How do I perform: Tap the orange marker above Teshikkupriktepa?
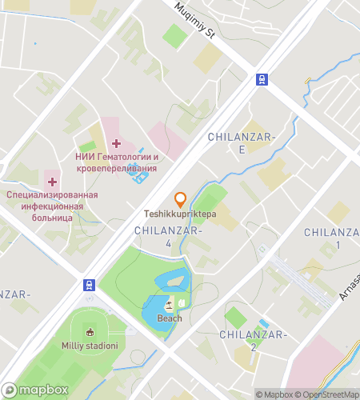[x=181, y=199]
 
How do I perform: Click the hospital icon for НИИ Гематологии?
[x=116, y=143]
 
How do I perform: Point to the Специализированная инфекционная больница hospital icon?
[x=52, y=182]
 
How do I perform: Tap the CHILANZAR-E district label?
[x=242, y=143]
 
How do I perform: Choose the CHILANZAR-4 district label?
[x=169, y=237]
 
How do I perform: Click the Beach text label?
[x=170, y=318]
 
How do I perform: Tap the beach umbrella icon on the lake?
[x=169, y=305]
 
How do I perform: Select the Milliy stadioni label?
[x=90, y=346]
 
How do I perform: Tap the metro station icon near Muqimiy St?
[x=262, y=78]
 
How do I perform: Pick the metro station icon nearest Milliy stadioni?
[x=87, y=284]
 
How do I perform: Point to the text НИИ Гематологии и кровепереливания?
[x=116, y=162]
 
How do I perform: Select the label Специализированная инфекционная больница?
[x=52, y=206]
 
